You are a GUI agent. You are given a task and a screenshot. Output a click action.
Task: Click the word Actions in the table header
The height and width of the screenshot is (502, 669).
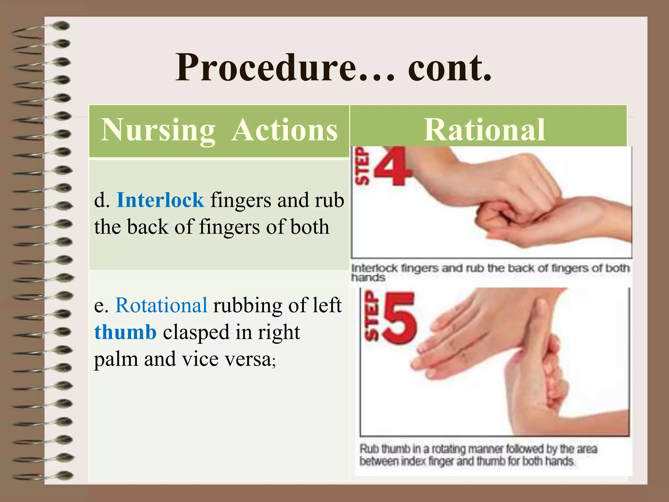(x=284, y=130)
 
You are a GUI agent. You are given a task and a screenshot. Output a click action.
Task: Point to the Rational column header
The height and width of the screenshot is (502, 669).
(x=484, y=130)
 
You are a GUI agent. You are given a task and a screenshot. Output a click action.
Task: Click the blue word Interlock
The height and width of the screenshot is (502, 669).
(x=160, y=200)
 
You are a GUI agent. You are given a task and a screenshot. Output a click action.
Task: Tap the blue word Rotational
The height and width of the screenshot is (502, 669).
(x=161, y=305)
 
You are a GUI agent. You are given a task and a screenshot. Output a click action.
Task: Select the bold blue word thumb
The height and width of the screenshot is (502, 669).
(x=125, y=332)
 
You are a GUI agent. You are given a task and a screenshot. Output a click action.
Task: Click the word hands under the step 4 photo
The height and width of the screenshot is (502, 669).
(x=368, y=278)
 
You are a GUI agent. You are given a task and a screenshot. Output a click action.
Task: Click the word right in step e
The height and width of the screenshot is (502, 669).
(x=279, y=332)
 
